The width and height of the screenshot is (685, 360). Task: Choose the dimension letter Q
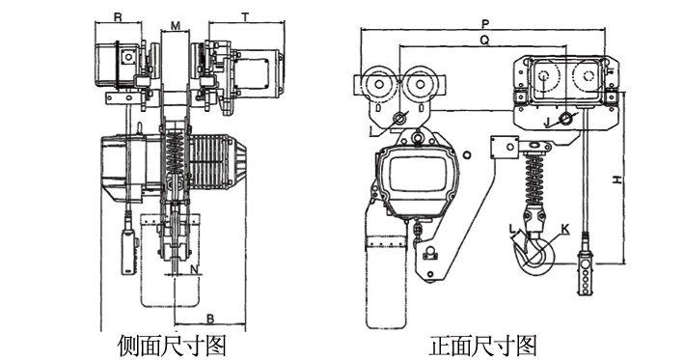pyautogui.click(x=483, y=40)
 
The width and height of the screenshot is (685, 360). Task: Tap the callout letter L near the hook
pyautogui.click(x=513, y=229)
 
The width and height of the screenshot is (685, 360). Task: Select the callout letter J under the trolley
pyautogui.click(x=547, y=123)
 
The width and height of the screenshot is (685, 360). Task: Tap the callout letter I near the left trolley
pyautogui.click(x=371, y=128)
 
